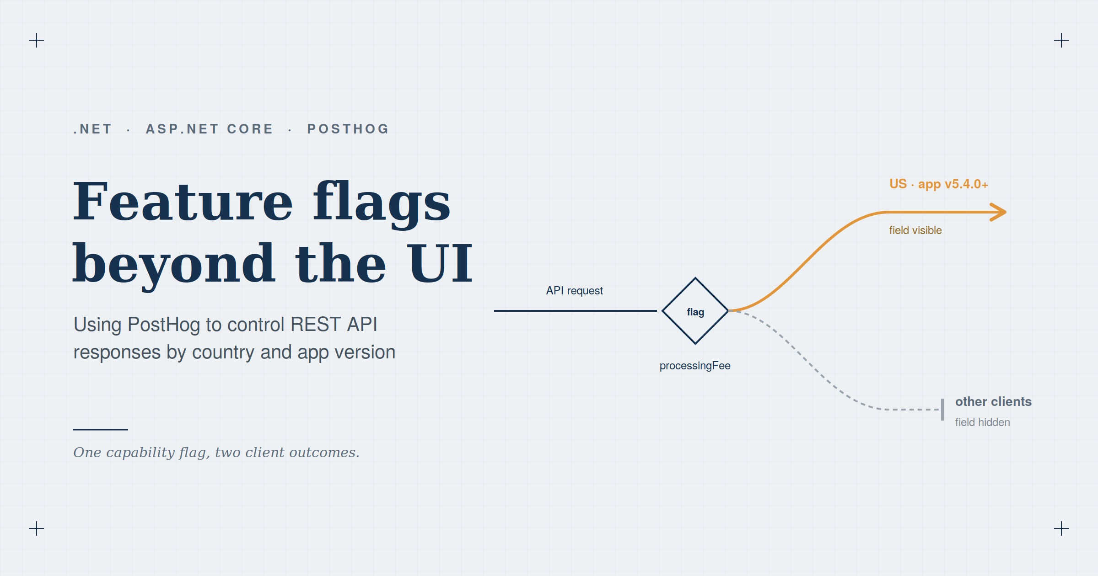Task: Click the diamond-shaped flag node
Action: pos(695,311)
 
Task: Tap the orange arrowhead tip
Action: pos(1006,212)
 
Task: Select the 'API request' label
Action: pos(575,291)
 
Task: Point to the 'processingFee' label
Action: pos(695,366)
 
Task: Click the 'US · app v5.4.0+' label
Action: pos(939,184)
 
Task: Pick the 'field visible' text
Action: pos(915,230)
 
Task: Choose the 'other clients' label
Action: pos(993,401)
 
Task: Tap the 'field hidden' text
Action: pos(982,422)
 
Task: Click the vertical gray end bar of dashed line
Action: pos(942,410)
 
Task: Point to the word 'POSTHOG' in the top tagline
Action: pos(348,129)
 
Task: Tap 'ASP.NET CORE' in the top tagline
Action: pos(210,129)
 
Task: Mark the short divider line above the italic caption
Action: pos(101,429)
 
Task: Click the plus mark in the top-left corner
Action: pos(37,40)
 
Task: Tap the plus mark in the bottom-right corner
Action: pos(1061,528)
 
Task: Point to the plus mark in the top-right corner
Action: pos(1061,40)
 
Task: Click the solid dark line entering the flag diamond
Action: pos(576,311)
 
